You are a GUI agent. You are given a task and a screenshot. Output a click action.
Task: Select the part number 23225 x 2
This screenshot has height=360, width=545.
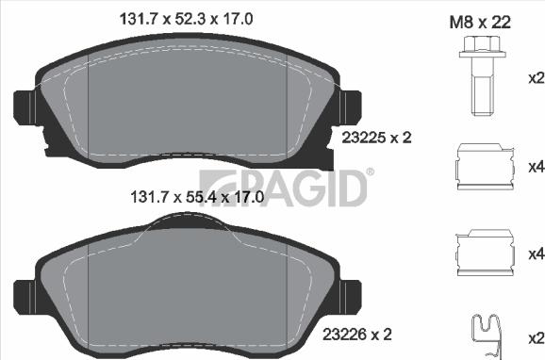click(x=374, y=137)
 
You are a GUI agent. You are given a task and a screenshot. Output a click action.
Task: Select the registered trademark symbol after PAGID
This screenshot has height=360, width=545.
click(x=370, y=172)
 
